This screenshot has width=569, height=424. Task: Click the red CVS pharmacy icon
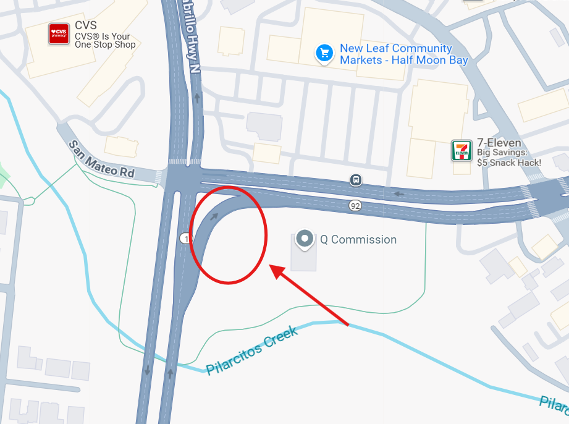tap(59, 33)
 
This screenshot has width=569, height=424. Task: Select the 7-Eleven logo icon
tap(462, 151)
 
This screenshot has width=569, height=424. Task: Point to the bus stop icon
tap(356, 180)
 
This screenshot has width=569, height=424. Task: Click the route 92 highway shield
tap(355, 206)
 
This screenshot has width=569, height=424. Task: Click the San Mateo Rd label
tap(101, 159)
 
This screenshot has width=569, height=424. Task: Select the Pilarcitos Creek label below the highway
tap(252, 350)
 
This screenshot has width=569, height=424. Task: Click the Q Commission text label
tap(358, 240)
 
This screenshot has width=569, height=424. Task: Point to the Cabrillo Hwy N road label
tap(188, 37)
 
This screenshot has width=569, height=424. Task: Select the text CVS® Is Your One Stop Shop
tap(104, 41)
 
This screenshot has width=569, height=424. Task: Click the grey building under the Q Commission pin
tap(303, 260)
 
